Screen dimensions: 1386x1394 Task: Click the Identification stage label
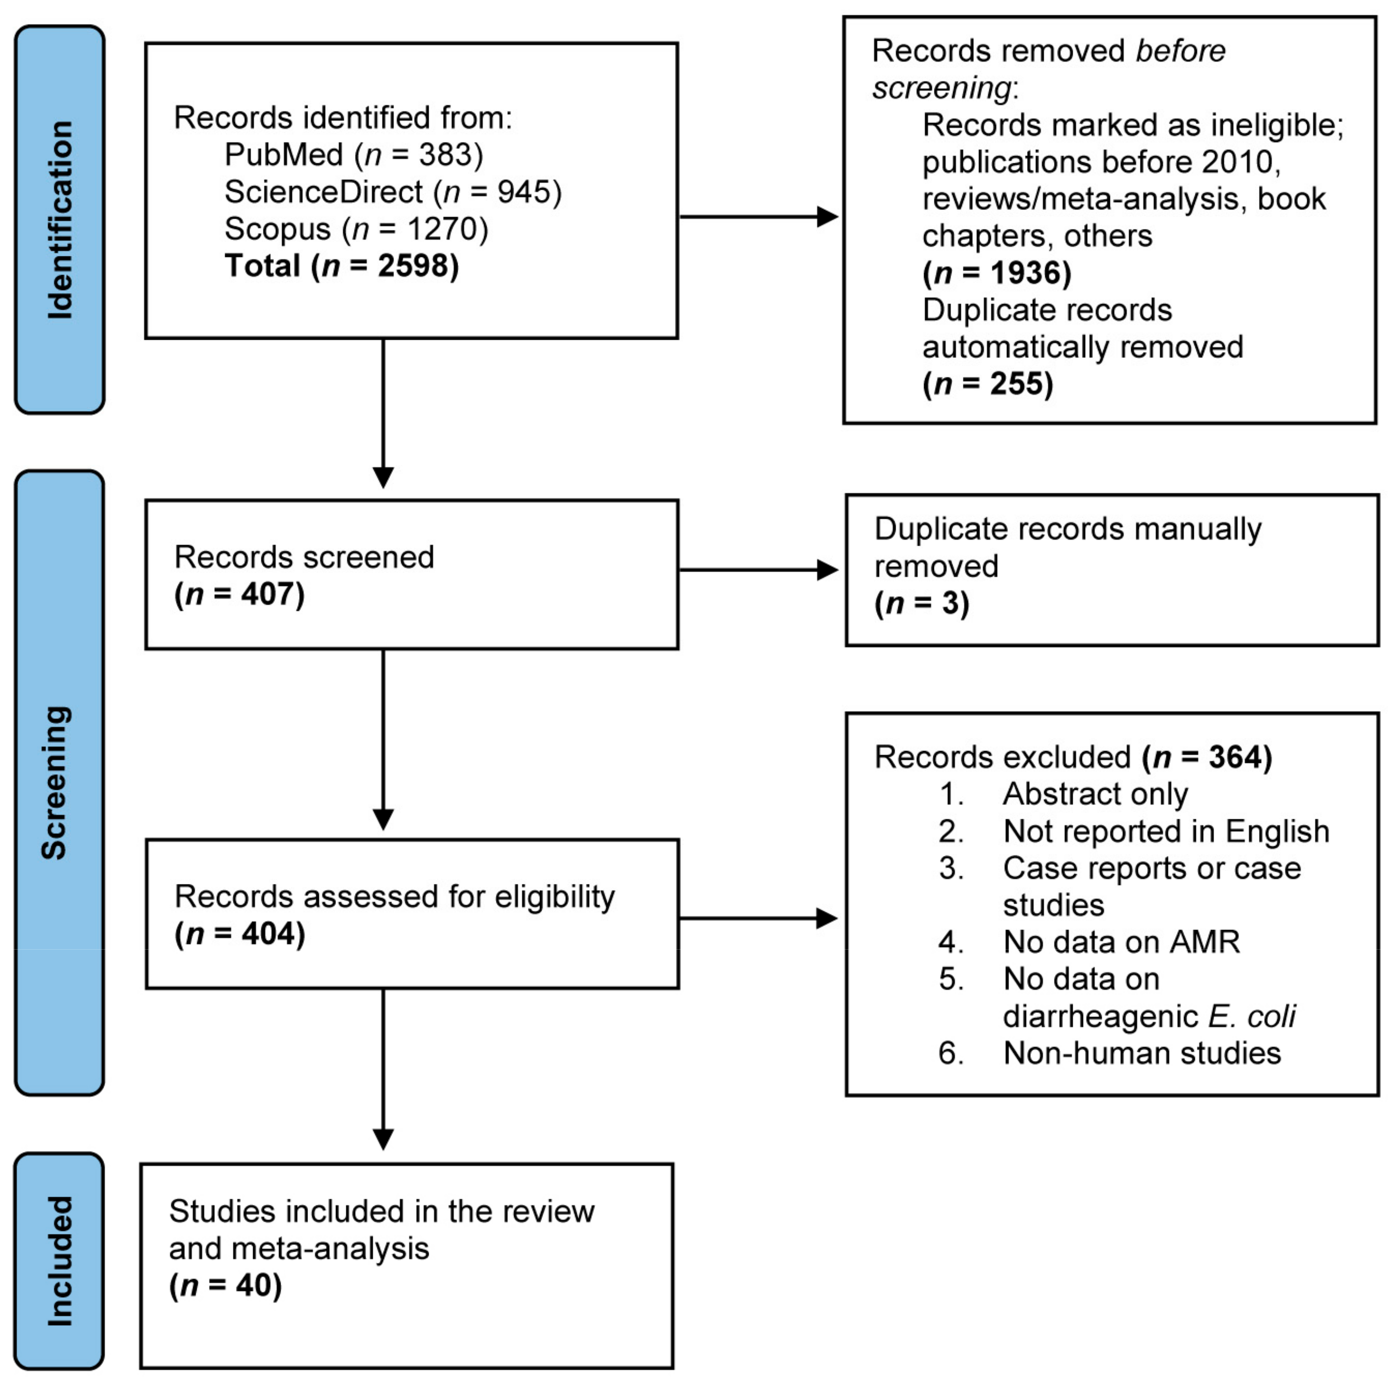click(60, 220)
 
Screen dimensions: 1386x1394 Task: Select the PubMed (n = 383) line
click(354, 155)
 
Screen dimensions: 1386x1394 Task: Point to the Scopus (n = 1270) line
click(357, 229)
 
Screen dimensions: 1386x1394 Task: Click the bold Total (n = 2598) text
click(341, 266)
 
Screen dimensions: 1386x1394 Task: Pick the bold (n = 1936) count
click(997, 273)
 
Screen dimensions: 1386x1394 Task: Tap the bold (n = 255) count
click(988, 383)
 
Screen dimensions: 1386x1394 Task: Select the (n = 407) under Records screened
click(239, 594)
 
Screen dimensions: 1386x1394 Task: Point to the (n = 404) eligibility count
click(239, 934)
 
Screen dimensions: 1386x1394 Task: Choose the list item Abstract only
click(1095, 794)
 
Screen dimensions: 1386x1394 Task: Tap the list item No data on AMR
click(1121, 942)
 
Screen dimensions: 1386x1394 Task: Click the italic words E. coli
click(1252, 1016)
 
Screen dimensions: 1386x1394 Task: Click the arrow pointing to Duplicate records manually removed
click(758, 570)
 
